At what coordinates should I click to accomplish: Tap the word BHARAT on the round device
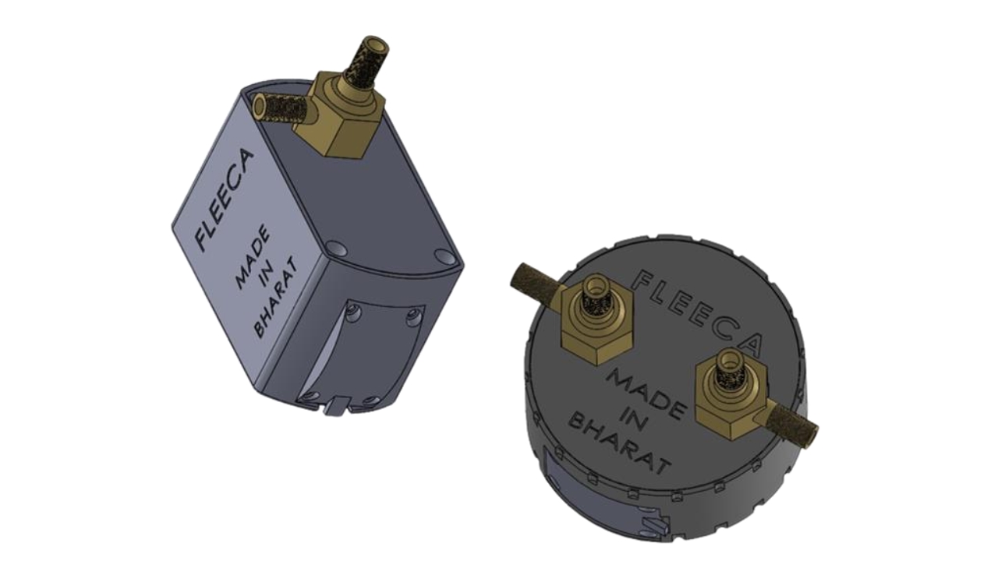pos(620,443)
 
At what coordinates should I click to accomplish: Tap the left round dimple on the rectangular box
pos(337,249)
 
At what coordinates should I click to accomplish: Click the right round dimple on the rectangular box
pos(444,256)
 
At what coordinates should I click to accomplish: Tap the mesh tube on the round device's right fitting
pos(791,422)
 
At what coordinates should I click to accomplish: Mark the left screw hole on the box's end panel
pos(355,313)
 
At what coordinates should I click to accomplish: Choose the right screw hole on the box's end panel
pos(414,318)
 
